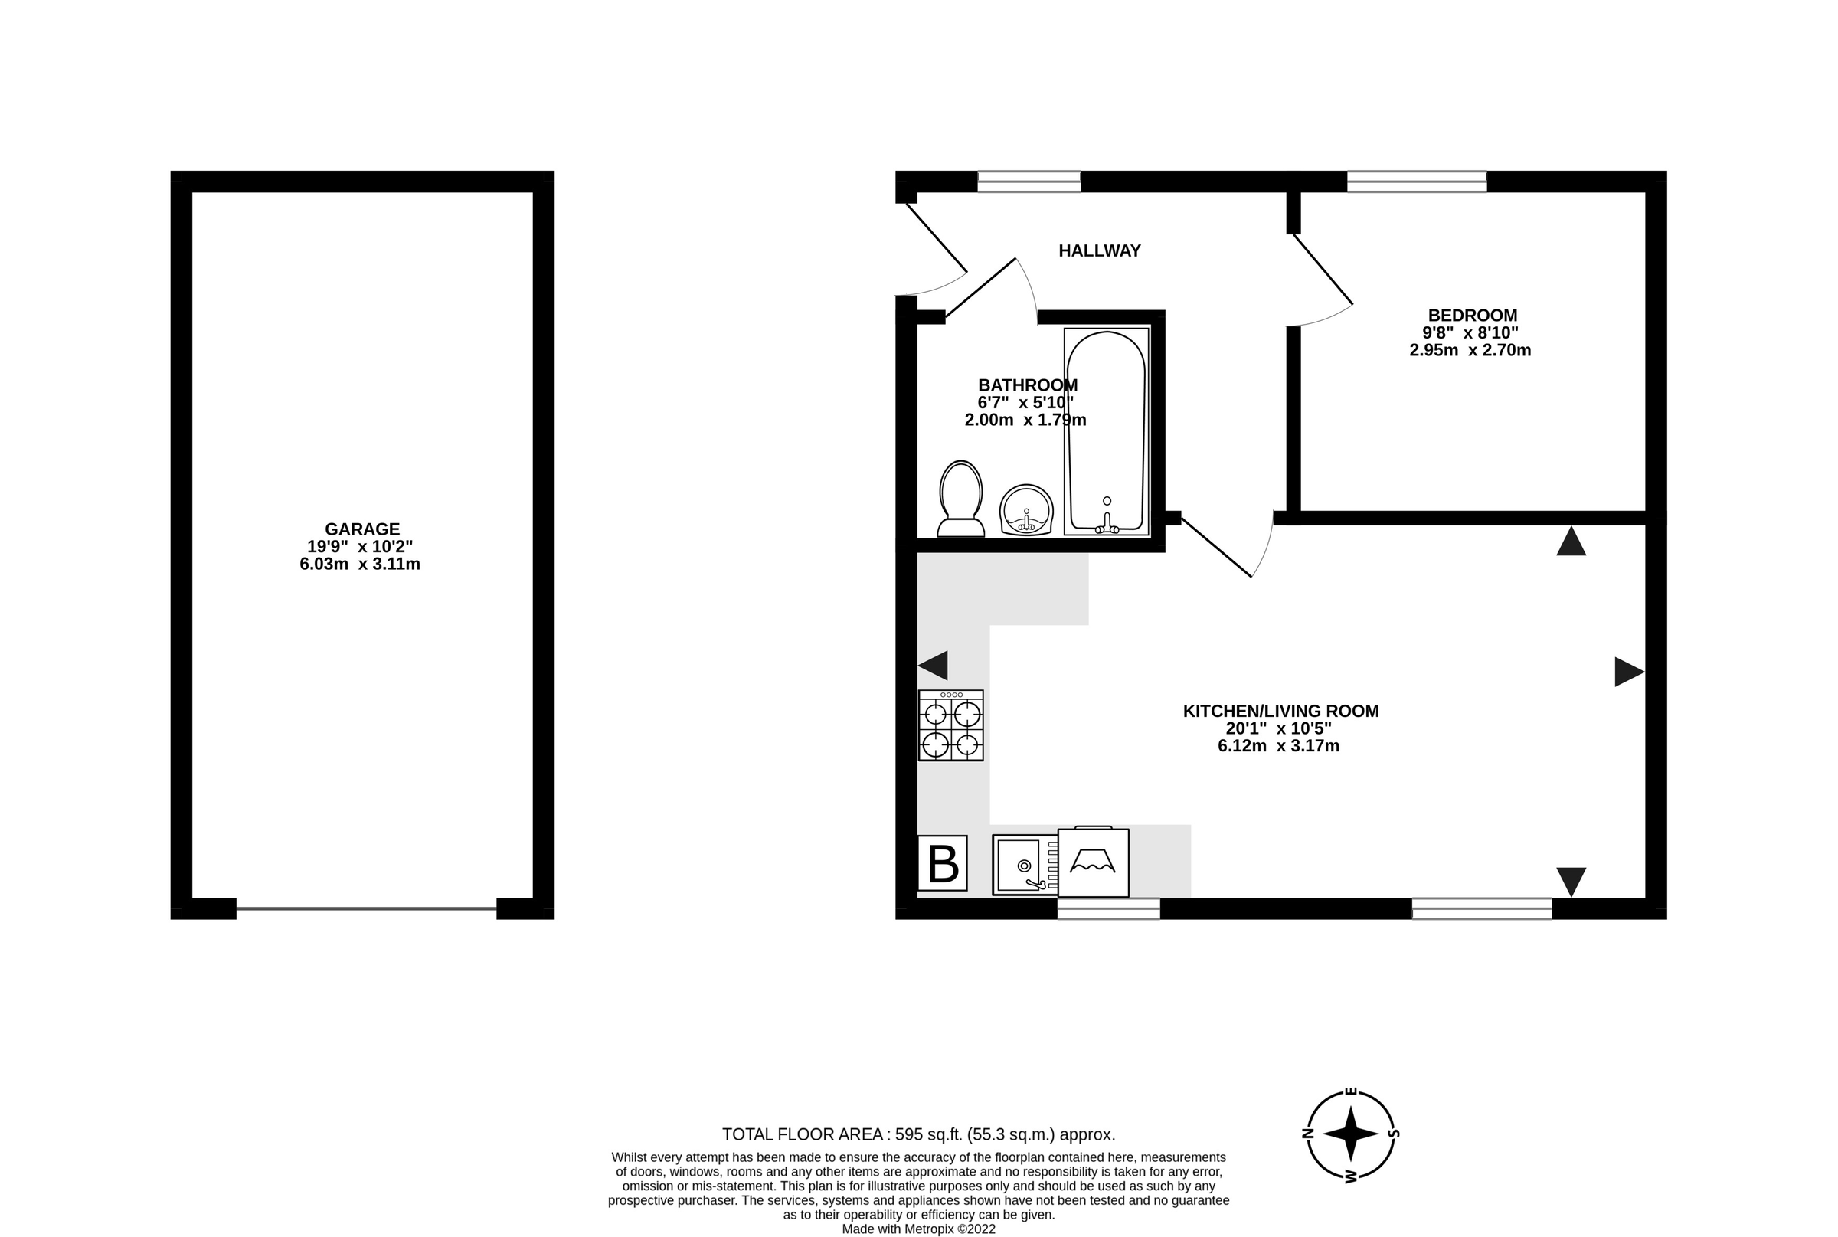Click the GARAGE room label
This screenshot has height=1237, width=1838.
tap(362, 529)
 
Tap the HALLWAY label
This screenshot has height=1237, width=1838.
tap(1099, 251)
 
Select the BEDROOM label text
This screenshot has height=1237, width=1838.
tap(1472, 316)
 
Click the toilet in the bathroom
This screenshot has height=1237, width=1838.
tap(961, 499)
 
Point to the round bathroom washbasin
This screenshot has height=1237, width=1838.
tap(1026, 509)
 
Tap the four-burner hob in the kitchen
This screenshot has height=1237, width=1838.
tap(950, 726)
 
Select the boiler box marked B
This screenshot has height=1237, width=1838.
tap(943, 863)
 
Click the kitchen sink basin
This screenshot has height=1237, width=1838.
tap(1019, 865)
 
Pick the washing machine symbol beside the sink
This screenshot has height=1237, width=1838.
tap(1093, 862)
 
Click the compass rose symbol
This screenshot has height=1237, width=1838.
tap(1350, 1134)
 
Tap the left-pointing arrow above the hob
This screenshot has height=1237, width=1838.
tap(934, 666)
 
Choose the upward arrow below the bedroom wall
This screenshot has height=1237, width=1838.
tap(1571, 542)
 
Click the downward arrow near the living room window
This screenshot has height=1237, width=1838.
tap(1571, 881)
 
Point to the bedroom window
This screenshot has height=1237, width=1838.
tap(1417, 182)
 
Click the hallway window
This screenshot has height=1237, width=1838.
tap(1029, 182)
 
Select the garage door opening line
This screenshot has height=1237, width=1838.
tap(366, 909)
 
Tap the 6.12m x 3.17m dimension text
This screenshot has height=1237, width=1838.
tap(1278, 745)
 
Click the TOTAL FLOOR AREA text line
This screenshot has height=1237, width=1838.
tap(918, 1134)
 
